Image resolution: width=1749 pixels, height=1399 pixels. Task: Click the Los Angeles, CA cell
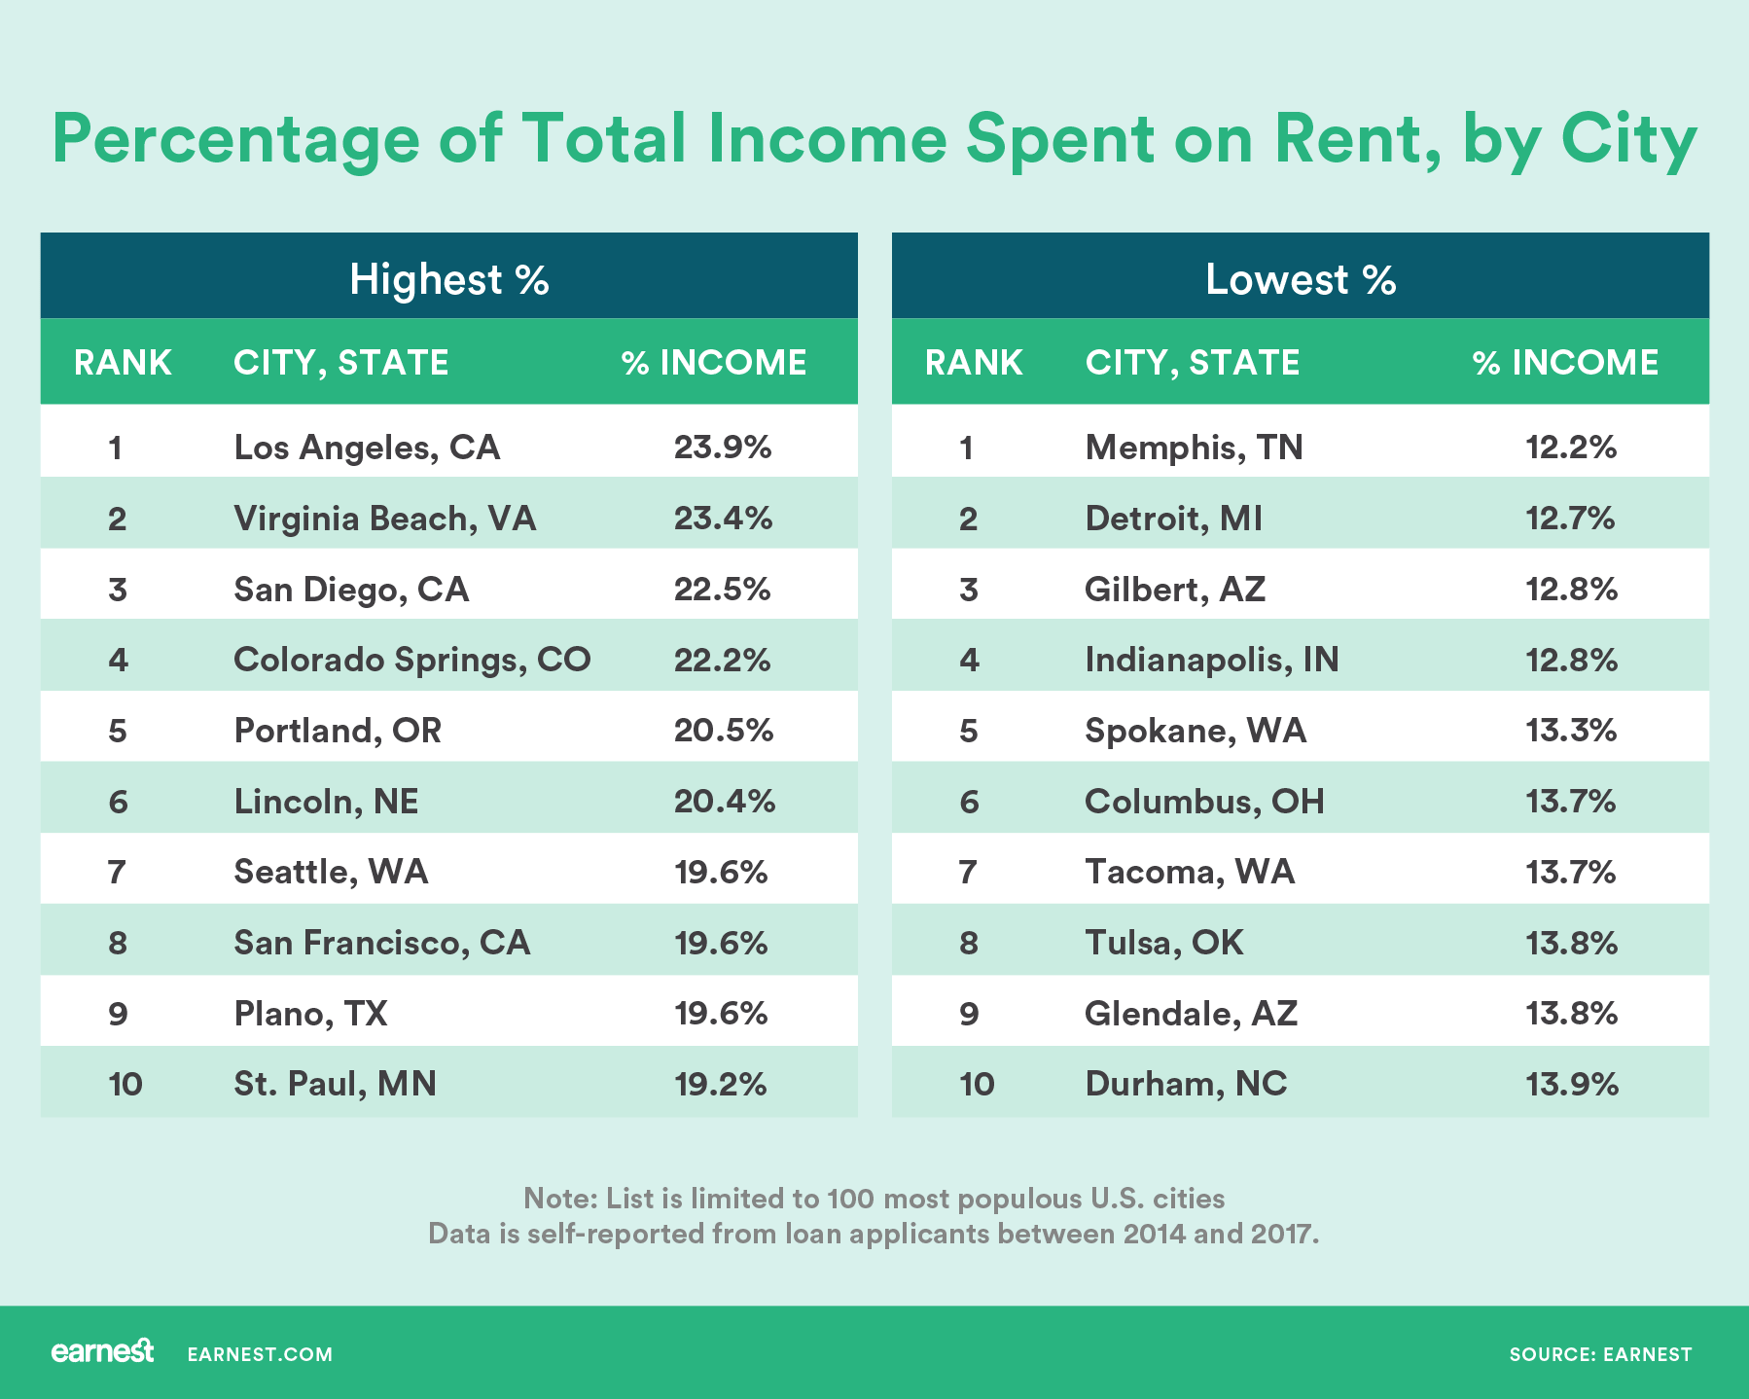coord(367,448)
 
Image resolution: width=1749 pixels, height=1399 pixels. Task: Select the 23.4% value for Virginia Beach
coord(723,519)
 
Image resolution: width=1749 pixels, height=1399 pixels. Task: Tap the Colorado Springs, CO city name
coord(411,660)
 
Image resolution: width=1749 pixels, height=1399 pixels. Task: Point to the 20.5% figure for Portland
coord(724,731)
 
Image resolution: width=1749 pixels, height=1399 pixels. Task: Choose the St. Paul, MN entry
coord(335,1084)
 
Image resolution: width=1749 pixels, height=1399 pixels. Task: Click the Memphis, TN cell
coord(1194,448)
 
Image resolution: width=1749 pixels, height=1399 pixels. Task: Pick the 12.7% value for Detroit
coord(1570,519)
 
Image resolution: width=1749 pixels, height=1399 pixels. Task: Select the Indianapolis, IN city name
coord(1211,660)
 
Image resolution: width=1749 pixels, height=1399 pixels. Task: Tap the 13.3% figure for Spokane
coord(1571,731)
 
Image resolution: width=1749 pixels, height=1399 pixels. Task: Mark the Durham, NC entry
coord(1186,1084)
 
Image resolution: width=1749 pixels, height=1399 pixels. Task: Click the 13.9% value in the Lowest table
coord(1572,1084)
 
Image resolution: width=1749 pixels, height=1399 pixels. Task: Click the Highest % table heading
coord(449,279)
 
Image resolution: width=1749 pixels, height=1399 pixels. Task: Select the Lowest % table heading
coord(1301,279)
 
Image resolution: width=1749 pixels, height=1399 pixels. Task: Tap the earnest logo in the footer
coord(102,1352)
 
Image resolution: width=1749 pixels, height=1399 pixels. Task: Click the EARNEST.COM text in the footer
coord(260,1354)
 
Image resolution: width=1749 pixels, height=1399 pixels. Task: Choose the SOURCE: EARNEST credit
coord(1600,1354)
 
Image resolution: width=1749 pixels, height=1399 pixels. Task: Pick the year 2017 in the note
coord(1283,1234)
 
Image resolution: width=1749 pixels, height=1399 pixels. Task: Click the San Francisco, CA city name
coord(381,943)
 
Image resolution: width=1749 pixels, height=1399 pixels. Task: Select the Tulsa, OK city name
coord(1163,943)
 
